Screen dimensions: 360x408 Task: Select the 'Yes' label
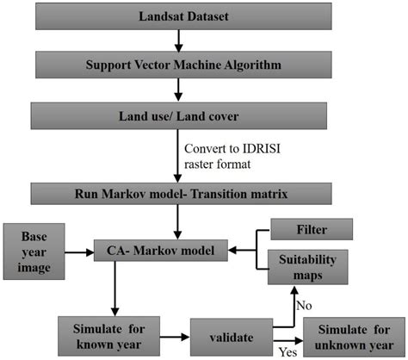pos(287,351)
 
